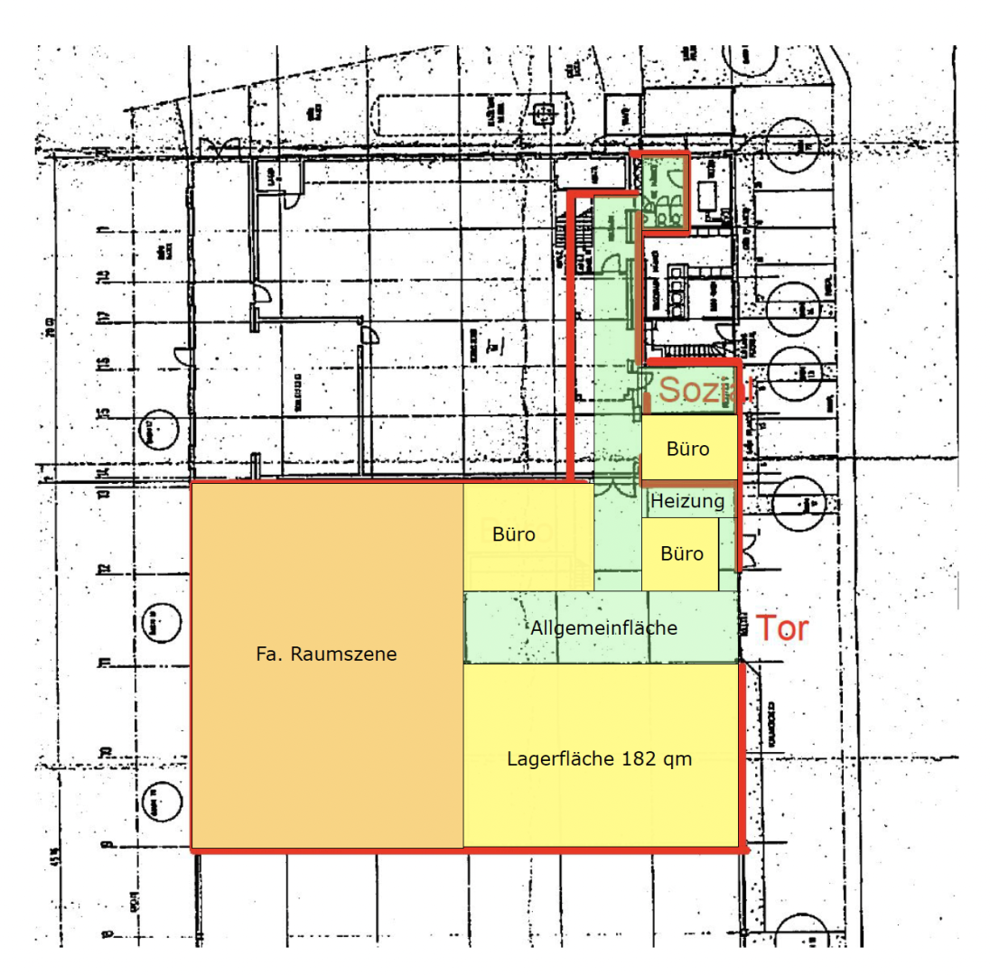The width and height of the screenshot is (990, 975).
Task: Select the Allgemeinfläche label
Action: click(x=604, y=628)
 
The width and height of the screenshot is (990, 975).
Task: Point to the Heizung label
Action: click(x=687, y=501)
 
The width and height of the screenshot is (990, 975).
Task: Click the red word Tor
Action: click(x=781, y=628)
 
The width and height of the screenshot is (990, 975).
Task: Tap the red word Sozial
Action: click(x=705, y=390)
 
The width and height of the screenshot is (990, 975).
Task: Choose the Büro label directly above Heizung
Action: click(x=687, y=448)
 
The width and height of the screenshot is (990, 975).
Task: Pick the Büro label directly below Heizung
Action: click(x=681, y=553)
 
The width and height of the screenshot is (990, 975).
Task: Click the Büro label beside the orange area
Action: click(x=514, y=534)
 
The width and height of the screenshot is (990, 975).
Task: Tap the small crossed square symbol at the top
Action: click(x=544, y=115)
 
